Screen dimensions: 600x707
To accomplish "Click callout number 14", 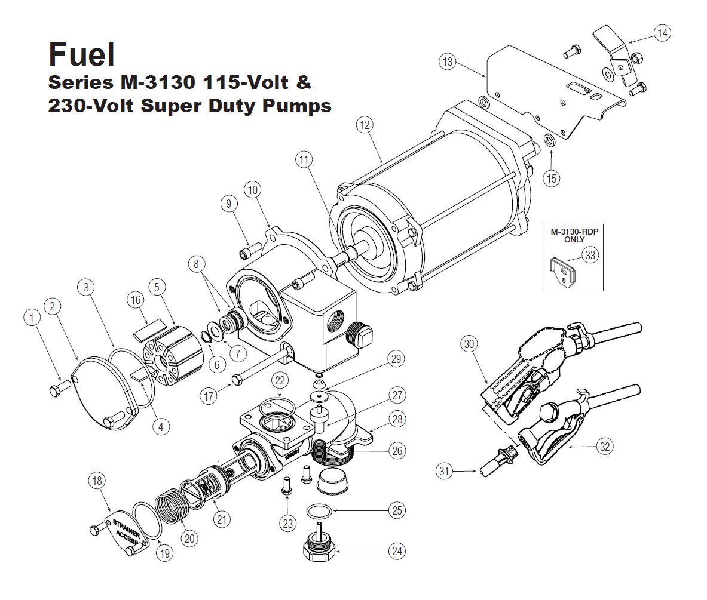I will [662, 33].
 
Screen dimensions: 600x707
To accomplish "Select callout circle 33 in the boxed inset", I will [590, 255].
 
